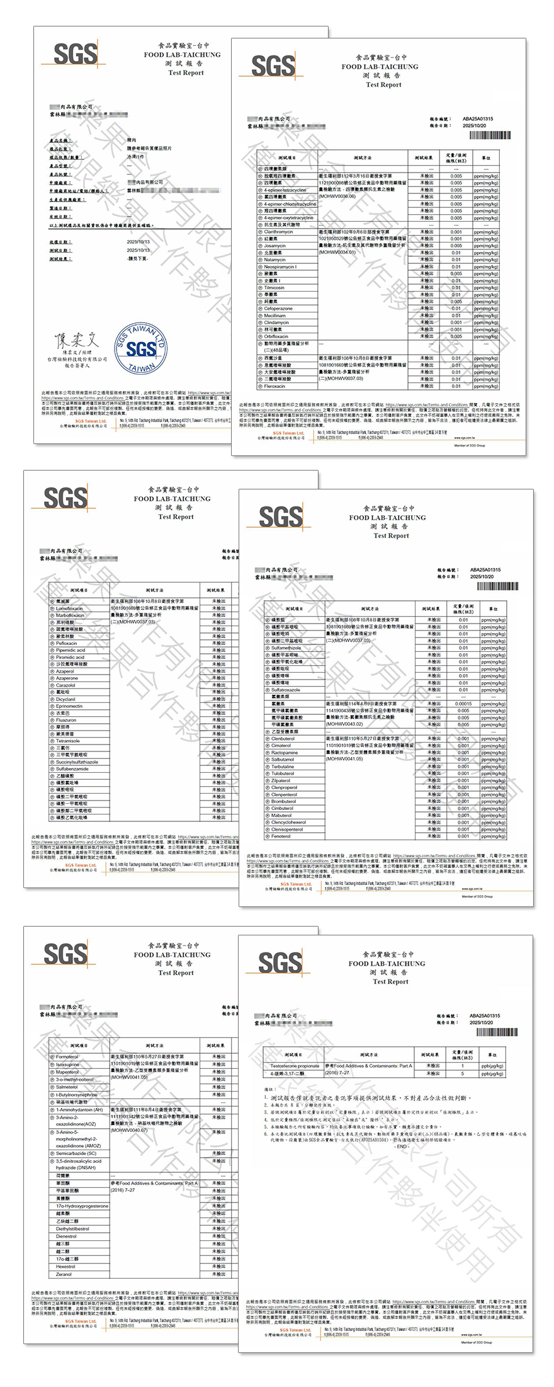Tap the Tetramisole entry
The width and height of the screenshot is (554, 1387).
click(x=68, y=741)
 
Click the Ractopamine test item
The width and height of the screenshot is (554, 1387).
click(x=285, y=753)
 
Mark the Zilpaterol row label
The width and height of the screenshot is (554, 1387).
click(x=281, y=780)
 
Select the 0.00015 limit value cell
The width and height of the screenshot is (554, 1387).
click(x=463, y=704)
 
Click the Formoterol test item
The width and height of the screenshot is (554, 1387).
click(x=67, y=1057)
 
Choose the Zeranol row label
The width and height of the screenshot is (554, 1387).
click(x=64, y=1274)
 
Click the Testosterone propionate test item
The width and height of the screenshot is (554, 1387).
click(x=295, y=1066)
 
